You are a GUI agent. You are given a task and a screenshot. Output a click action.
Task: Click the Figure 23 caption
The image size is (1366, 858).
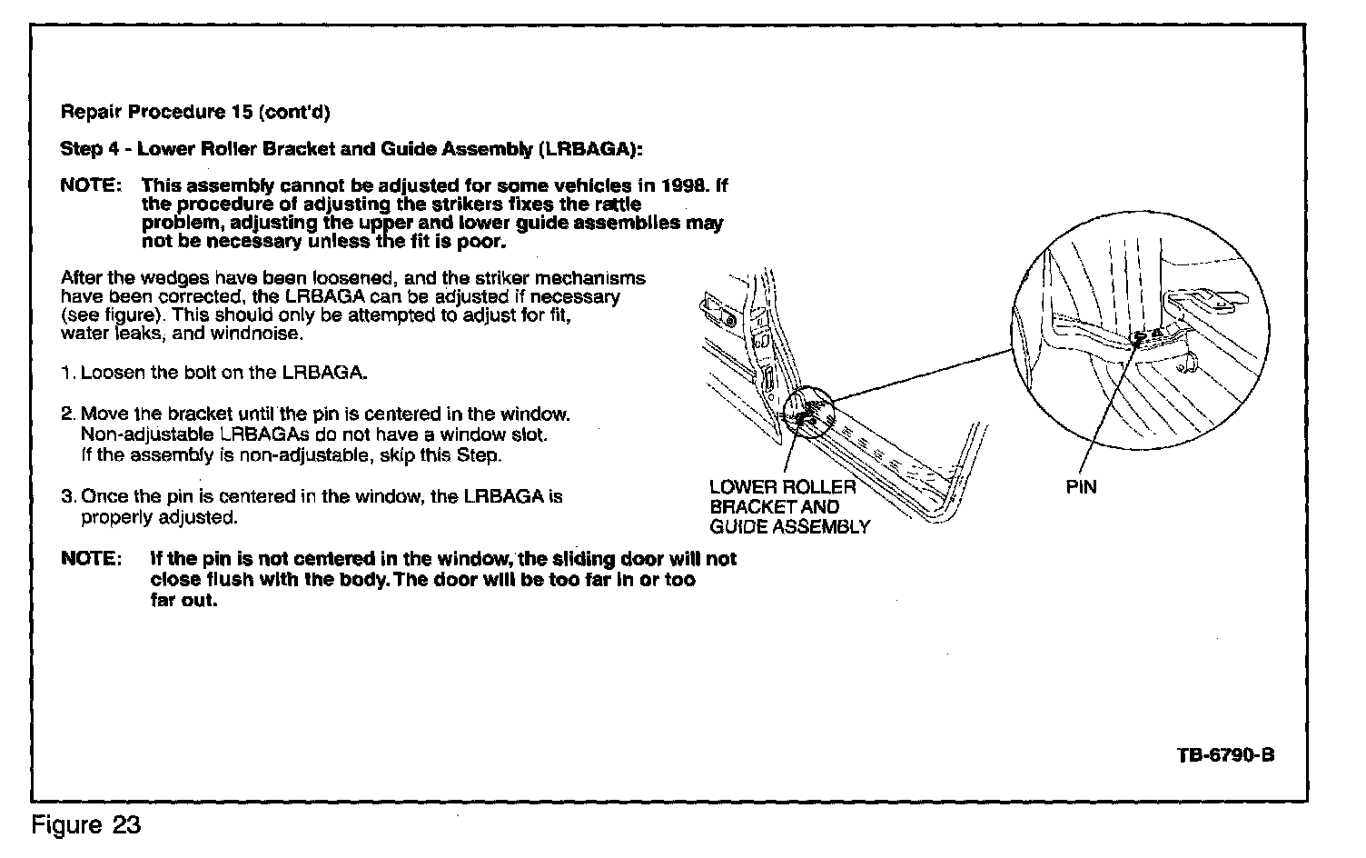point(86,825)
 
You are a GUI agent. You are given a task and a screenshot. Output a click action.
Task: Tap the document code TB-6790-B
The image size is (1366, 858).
point(1225,756)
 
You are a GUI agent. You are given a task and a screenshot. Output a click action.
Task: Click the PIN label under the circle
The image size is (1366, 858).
point(1081,487)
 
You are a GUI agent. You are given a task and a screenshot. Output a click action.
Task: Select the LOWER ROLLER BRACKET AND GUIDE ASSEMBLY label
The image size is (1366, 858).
point(788,507)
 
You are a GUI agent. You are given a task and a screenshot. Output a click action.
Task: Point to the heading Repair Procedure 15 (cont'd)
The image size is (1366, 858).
point(195,113)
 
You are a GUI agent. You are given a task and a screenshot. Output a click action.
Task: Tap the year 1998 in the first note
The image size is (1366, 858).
point(684,185)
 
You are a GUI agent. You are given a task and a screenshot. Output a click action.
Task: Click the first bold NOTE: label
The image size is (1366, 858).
point(91,185)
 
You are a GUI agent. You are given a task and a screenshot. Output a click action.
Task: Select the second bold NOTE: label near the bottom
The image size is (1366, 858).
point(91,558)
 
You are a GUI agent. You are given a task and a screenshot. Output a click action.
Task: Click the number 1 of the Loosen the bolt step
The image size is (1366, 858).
point(66,373)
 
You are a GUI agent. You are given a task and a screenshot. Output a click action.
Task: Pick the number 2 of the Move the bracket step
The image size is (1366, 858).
point(66,414)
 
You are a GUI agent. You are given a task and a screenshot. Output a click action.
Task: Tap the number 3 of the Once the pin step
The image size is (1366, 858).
point(66,497)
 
